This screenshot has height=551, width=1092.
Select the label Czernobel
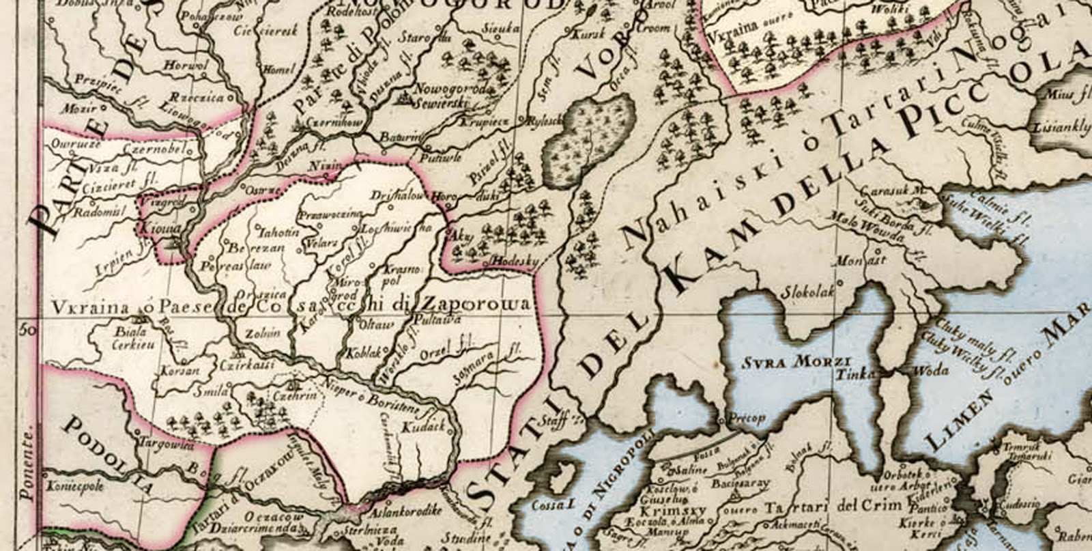coord(154,147)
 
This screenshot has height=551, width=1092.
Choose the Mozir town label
coord(74,108)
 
